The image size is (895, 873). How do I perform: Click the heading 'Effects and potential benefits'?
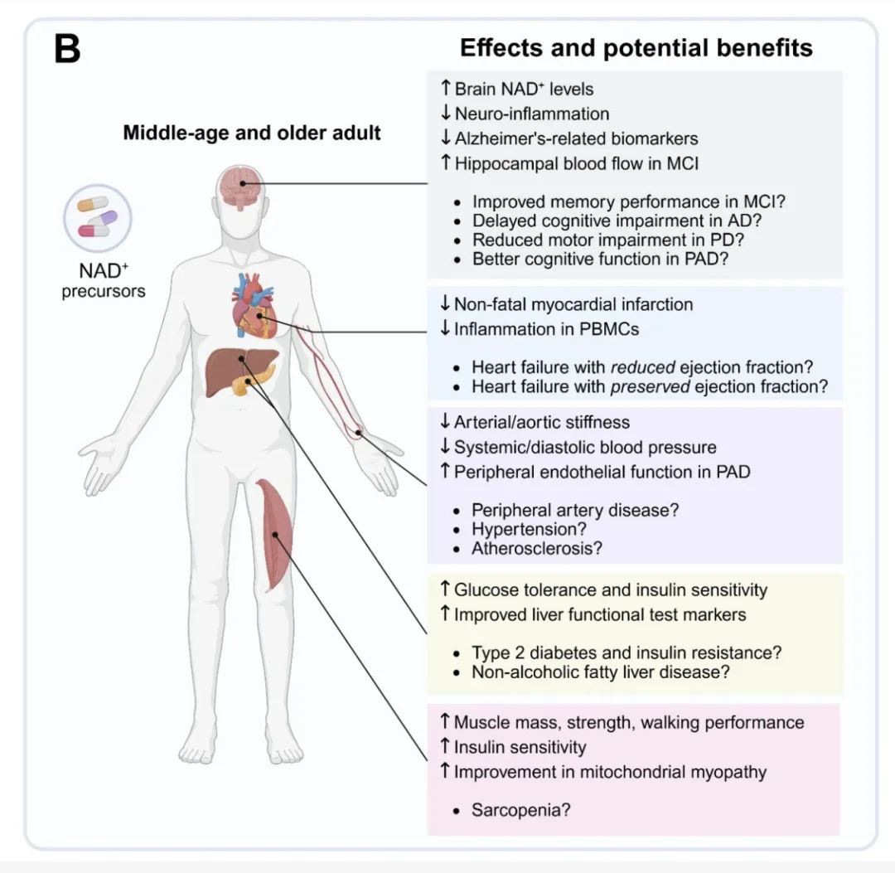click(636, 48)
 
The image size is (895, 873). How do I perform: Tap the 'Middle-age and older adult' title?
click(252, 133)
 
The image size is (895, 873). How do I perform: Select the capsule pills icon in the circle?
click(98, 219)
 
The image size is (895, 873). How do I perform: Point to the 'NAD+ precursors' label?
click(103, 281)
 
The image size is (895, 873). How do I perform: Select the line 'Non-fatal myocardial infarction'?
click(573, 304)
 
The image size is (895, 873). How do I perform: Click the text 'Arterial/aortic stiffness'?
click(541, 423)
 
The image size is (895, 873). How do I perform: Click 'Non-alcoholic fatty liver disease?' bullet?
click(601, 672)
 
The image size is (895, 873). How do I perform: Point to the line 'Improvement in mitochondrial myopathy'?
click(610, 772)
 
